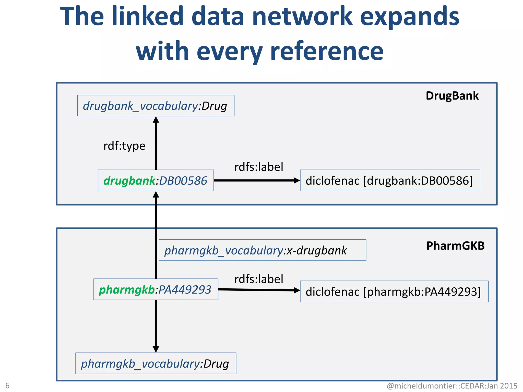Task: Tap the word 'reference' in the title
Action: point(327,52)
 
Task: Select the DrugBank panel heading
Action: point(452,96)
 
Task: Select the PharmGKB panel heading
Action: point(455,246)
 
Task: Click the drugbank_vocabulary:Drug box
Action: point(156,106)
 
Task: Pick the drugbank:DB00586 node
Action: point(156,180)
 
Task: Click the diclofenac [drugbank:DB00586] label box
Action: point(390,180)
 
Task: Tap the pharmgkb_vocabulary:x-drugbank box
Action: point(262,250)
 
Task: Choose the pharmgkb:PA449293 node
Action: point(156,289)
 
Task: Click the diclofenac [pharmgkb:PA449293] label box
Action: point(394,291)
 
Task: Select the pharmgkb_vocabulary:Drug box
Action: point(156,363)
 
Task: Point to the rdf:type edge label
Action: point(124,146)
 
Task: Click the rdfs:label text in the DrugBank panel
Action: point(259,167)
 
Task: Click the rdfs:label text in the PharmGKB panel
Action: point(259,279)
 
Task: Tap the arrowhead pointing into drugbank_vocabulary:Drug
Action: point(156,120)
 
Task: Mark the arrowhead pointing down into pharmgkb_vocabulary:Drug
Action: point(156,349)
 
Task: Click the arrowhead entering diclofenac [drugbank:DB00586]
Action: point(296,180)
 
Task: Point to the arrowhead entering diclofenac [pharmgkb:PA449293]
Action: point(296,290)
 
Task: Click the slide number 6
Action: point(7,385)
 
